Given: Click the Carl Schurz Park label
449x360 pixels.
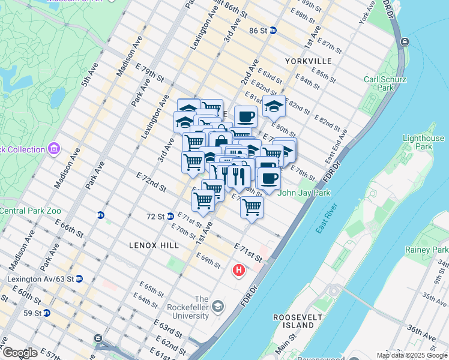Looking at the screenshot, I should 385,83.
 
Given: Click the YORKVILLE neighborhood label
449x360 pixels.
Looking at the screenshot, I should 309,61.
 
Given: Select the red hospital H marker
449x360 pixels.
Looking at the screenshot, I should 239,271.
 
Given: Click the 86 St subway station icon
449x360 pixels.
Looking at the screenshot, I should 273,31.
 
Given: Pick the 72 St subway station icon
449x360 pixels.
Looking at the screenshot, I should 171,216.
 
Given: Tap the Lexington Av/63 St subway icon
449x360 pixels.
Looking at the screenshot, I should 79,279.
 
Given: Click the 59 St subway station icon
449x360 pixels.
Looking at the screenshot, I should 47,313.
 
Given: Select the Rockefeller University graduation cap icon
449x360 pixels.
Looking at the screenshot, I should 217,307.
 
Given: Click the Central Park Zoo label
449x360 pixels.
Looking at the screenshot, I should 30,211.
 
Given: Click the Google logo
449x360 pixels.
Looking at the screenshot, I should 20,353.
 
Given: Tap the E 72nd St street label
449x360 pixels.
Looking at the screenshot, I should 151,182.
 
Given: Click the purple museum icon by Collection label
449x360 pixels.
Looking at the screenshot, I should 54,148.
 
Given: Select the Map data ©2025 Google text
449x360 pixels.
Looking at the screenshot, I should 411,355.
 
